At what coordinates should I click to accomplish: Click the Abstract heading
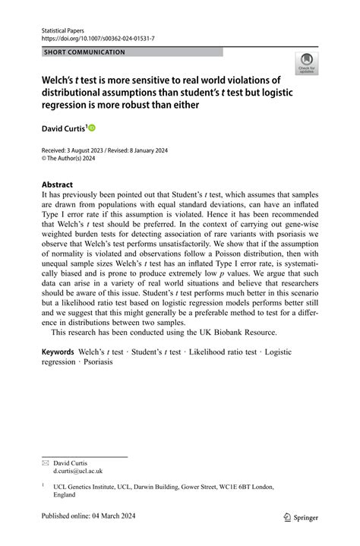tap(57, 185)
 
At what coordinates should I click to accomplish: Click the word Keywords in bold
tap(57, 352)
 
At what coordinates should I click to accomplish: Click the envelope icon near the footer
tap(45, 462)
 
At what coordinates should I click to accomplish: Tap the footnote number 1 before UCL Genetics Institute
tap(43, 484)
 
